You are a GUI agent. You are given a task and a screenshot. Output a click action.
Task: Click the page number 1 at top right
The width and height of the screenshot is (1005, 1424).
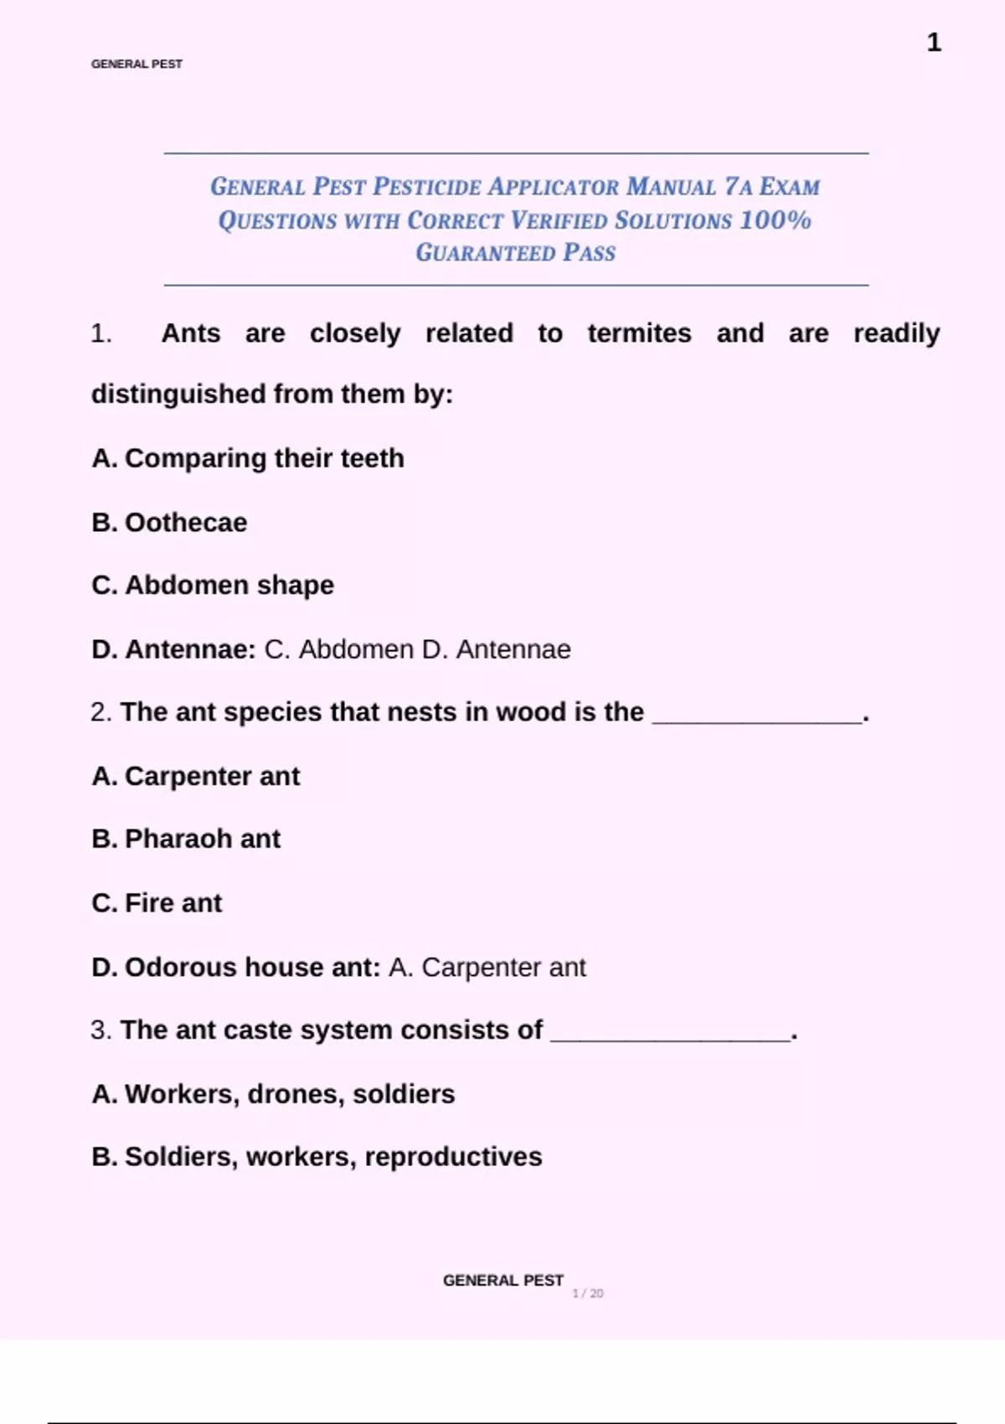coord(934,43)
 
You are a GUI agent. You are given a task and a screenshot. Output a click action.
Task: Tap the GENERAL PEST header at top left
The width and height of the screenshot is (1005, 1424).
coord(137,64)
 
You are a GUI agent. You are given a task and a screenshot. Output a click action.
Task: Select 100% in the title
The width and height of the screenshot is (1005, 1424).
coord(776,220)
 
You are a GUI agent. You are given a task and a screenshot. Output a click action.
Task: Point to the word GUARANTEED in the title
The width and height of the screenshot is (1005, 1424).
coord(485,253)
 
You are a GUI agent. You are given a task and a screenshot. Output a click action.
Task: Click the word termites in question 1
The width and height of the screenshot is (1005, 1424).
coord(639,333)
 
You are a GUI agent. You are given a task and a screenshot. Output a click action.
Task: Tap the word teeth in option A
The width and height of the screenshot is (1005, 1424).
coord(372,458)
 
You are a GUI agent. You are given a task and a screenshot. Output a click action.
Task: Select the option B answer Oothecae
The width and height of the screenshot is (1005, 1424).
coord(186,523)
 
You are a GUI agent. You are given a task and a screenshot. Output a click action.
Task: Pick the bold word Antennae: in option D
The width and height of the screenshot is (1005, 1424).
coord(190,649)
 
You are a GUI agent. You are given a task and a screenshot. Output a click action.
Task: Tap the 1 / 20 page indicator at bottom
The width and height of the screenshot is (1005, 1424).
coord(588,1293)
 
